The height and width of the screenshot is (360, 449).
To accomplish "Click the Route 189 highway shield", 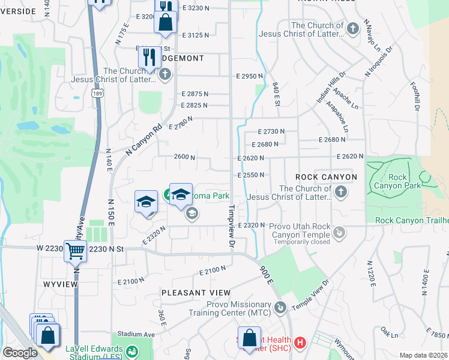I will tap(97, 93).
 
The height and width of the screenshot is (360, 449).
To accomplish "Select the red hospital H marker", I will tap(301, 343).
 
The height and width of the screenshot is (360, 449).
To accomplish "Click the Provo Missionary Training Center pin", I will tap(280, 308).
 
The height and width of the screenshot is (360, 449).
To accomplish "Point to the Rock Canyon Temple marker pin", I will tap(339, 231).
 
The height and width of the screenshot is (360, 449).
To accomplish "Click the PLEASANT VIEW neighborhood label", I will tap(196, 292).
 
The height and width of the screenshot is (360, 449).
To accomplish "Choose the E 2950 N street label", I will tap(250, 77).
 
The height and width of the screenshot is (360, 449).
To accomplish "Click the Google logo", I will tap(20, 352).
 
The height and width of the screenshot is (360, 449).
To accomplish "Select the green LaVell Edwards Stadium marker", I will tap(133, 352).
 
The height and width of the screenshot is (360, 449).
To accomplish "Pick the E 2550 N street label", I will tap(251, 175).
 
